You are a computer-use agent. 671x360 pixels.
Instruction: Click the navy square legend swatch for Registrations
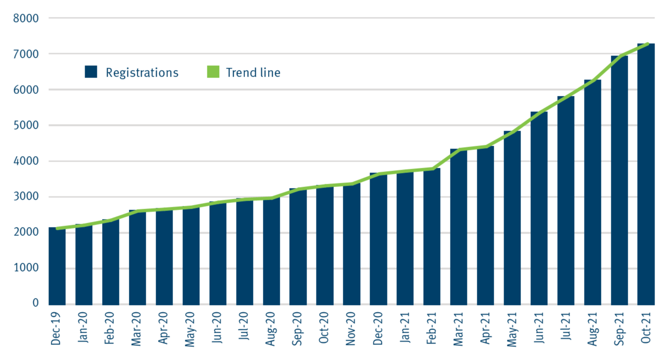(91, 72)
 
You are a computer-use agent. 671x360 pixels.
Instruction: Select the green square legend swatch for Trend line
(213, 72)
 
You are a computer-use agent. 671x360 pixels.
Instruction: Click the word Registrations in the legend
(142, 72)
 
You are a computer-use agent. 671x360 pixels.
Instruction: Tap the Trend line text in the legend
(253, 72)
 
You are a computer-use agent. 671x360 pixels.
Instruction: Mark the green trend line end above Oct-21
(648, 44)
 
